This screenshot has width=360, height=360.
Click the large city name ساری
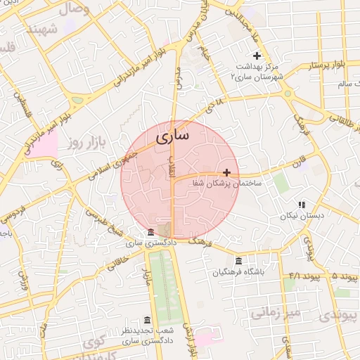pyautogui.click(x=171, y=136)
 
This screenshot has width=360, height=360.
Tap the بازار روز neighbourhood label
pyautogui.click(x=85, y=143)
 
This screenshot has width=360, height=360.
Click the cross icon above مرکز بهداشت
pyautogui.click(x=257, y=56)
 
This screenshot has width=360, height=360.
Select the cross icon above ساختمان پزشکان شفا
pyautogui.click(x=226, y=172)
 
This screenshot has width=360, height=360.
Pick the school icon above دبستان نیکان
pyautogui.click(x=302, y=205)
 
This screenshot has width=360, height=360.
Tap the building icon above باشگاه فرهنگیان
pyautogui.click(x=239, y=261)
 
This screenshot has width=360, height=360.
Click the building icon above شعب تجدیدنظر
pyautogui.click(x=146, y=320)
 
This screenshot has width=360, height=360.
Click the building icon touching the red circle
pyautogui.click(x=151, y=233)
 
